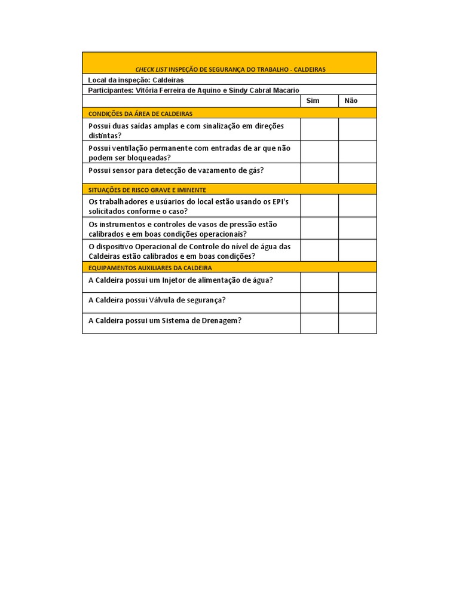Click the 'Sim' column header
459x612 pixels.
click(313, 100)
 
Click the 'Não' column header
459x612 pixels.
click(351, 100)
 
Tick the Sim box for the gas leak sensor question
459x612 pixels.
click(319, 173)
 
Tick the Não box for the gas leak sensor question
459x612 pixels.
click(357, 173)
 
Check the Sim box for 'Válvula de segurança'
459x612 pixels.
click(319, 302)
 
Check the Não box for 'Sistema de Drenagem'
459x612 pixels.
click(357, 323)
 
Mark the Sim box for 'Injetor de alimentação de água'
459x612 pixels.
click(319, 282)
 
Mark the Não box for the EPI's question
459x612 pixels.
click(357, 206)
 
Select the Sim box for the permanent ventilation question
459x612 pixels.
click(319, 152)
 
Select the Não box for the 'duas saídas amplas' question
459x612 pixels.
click(357, 129)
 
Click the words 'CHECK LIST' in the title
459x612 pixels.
click(152, 69)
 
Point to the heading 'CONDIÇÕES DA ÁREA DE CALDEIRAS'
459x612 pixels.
click(140, 113)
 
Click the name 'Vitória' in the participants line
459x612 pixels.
click(148, 90)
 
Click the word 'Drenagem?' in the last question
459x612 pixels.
click(222, 320)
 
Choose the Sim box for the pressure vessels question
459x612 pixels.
click(319, 228)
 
